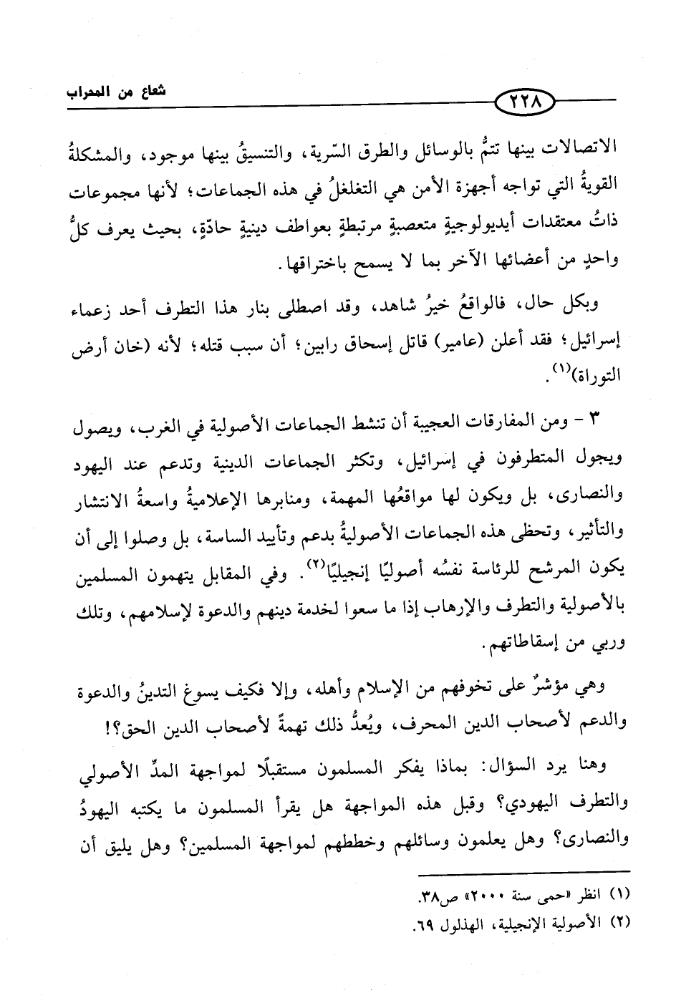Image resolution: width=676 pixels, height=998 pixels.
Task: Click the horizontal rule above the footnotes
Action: pos(526,872)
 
